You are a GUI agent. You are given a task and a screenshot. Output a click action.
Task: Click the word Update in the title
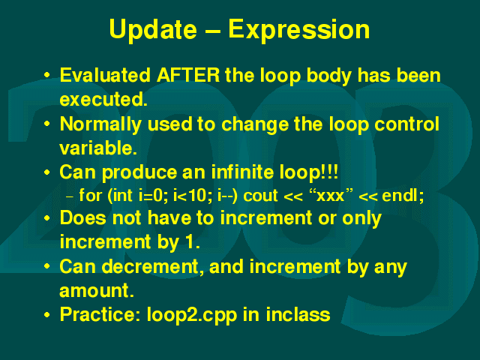point(153,30)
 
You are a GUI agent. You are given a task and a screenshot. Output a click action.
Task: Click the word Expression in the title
point(299,30)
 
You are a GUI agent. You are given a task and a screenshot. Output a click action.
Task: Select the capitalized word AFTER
point(188,75)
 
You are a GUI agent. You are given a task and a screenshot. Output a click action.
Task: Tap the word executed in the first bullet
point(103,100)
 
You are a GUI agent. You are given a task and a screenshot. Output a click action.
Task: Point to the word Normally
point(100,125)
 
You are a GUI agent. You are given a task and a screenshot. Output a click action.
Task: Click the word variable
point(98,148)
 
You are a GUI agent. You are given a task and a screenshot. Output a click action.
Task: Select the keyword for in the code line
point(90,195)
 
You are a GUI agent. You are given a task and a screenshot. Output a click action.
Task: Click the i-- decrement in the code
point(226,195)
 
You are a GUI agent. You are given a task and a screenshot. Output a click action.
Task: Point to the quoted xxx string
point(331,195)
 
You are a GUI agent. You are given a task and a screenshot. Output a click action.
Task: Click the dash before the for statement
point(70,196)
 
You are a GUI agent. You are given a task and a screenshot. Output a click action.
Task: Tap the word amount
point(97,290)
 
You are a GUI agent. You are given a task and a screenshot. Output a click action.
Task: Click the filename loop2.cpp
point(192,315)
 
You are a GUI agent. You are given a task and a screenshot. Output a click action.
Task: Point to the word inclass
point(298,314)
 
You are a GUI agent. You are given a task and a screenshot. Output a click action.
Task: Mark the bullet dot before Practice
point(46,315)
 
